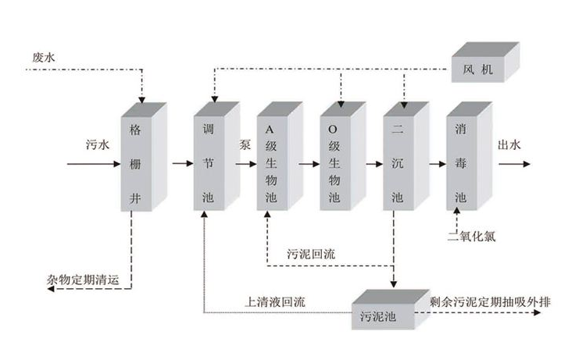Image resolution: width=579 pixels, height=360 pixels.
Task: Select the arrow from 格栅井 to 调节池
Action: coord(181,164)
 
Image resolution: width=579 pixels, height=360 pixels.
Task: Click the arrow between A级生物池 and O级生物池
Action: coord(310,164)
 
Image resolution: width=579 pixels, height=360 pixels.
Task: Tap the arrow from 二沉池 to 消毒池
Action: coord(436,164)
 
